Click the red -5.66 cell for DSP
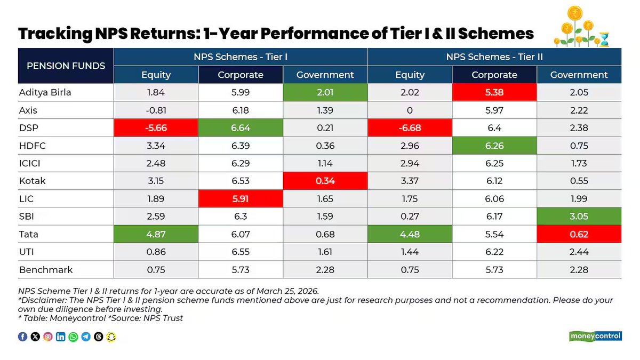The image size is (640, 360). click(x=156, y=127)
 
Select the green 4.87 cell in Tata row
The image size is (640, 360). click(x=156, y=234)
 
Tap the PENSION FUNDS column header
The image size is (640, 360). click(x=66, y=66)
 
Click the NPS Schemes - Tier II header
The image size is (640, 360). click(x=494, y=57)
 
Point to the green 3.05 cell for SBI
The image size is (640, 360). click(x=579, y=217)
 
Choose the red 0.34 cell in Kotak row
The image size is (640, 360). click(x=325, y=181)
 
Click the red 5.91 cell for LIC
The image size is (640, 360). click(x=241, y=199)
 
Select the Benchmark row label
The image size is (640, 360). click(x=45, y=270)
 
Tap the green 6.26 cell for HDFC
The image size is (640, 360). click(x=494, y=146)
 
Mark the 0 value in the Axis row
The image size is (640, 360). click(x=410, y=110)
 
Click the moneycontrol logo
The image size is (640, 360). click(x=596, y=336)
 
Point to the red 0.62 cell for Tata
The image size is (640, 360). click(x=579, y=234)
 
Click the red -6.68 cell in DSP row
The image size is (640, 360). click(x=410, y=127)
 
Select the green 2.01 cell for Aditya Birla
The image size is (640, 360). click(x=325, y=92)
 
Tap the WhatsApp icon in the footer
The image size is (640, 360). click(x=73, y=337)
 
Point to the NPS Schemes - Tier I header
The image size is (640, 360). click(x=241, y=57)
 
